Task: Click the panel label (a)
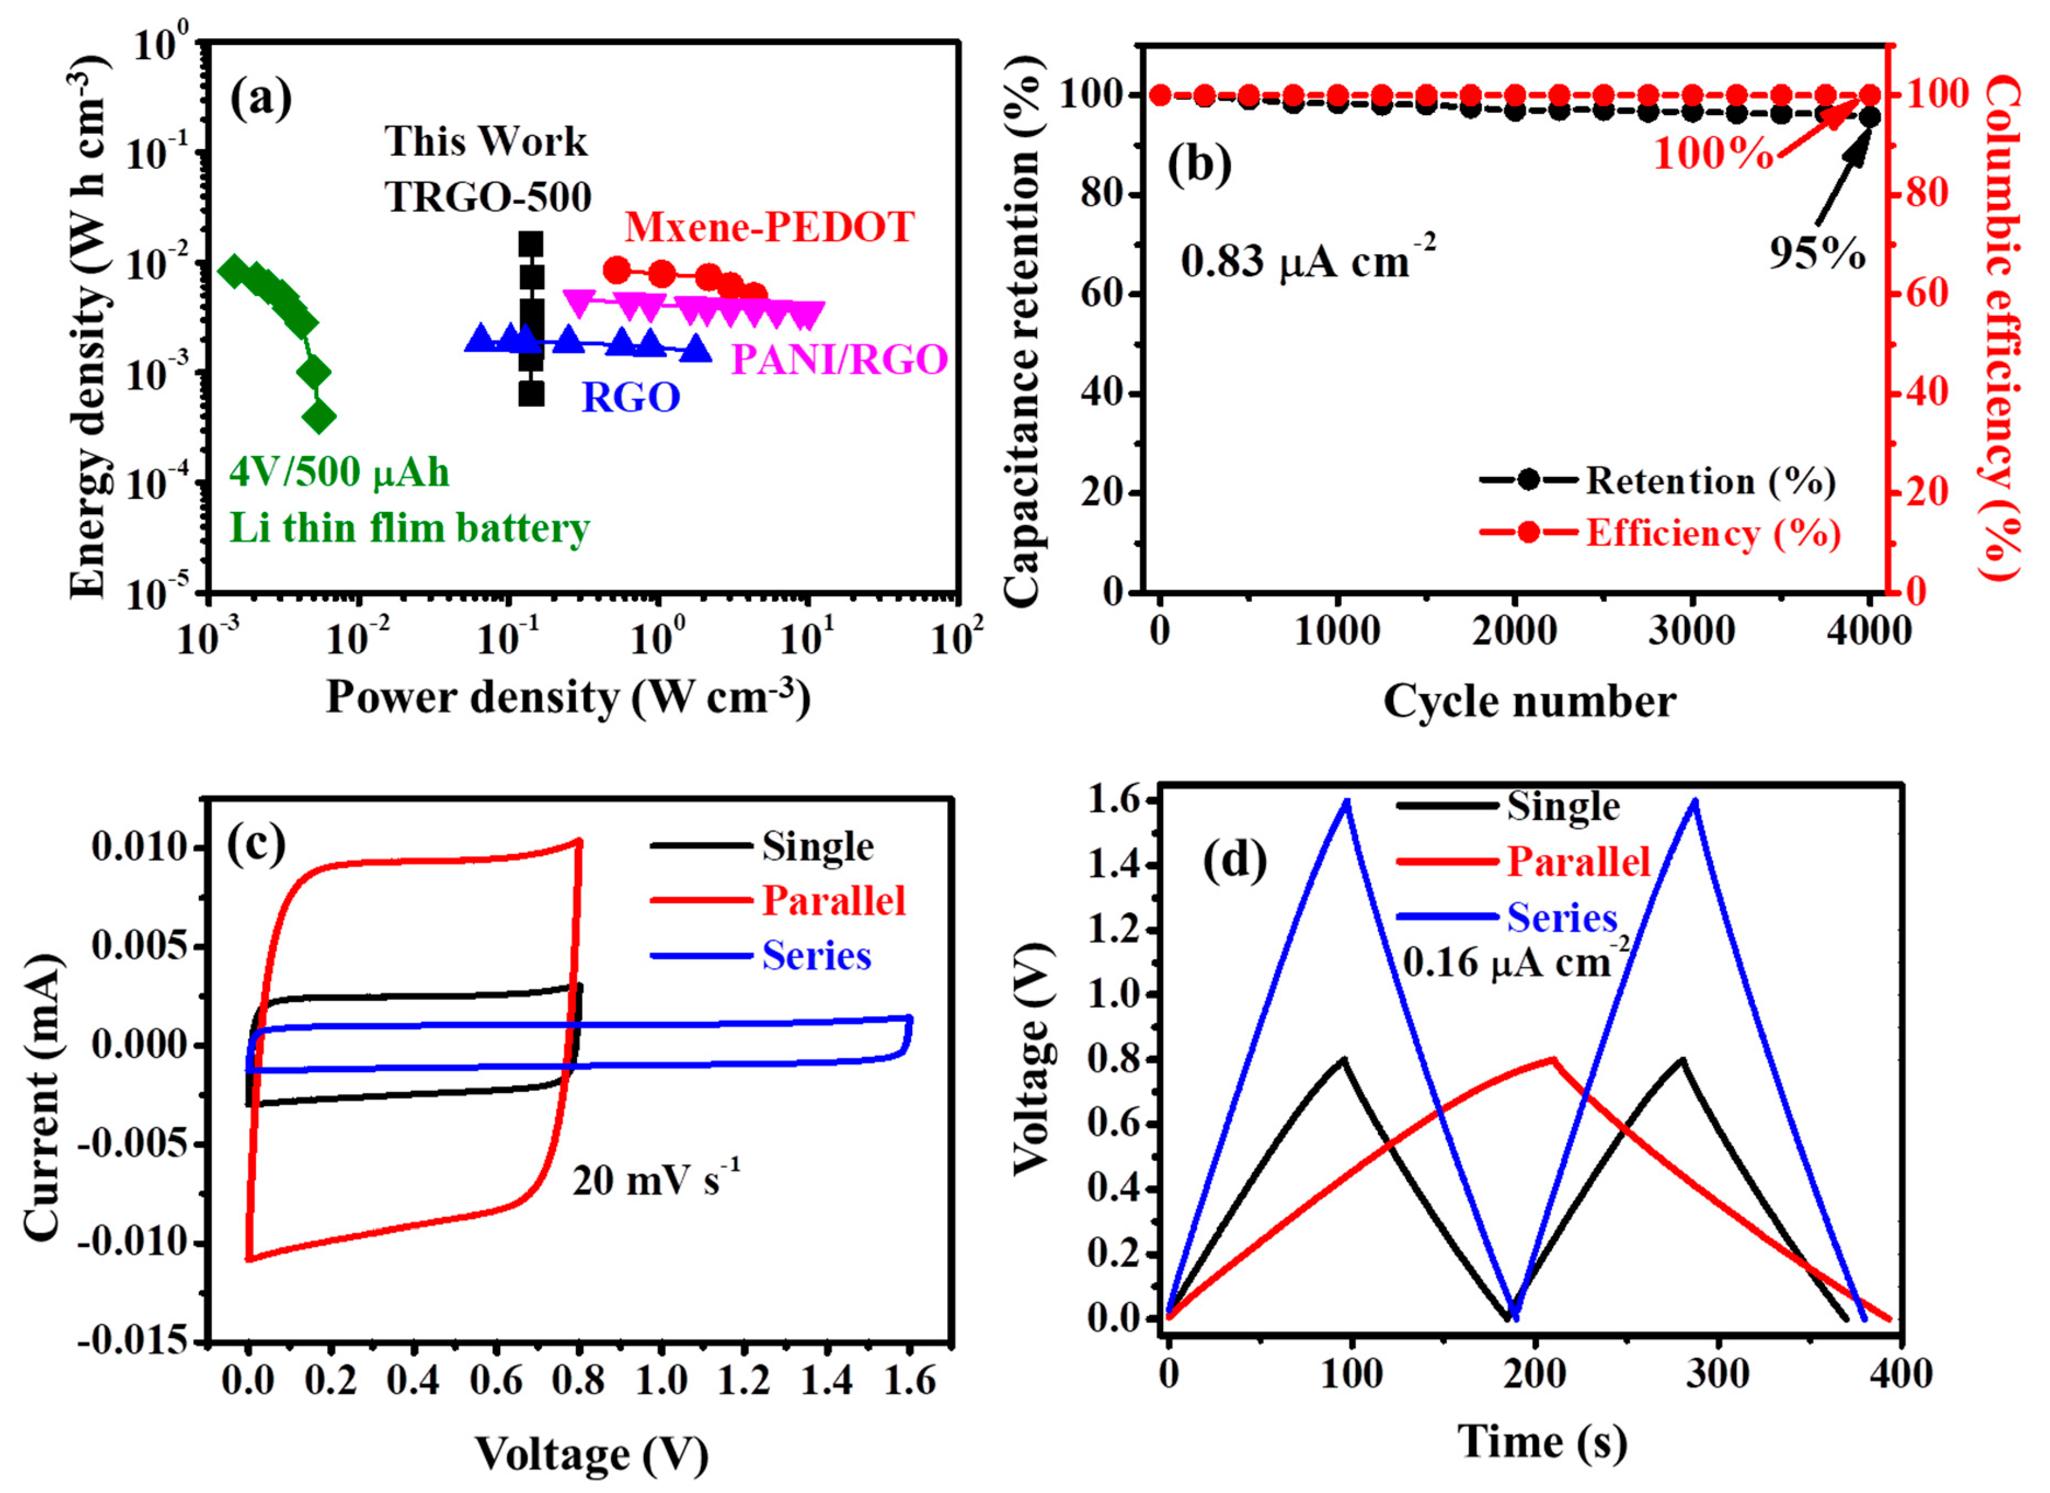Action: click(261, 99)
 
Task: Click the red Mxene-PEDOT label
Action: click(769, 227)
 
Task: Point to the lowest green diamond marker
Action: click(318, 418)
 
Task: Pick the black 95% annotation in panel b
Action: click(1817, 255)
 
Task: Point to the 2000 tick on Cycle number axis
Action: click(1515, 631)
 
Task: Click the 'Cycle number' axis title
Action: click(1530, 702)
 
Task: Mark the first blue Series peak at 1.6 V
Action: click(1347, 801)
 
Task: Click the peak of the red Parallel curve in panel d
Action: click(1553, 1059)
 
